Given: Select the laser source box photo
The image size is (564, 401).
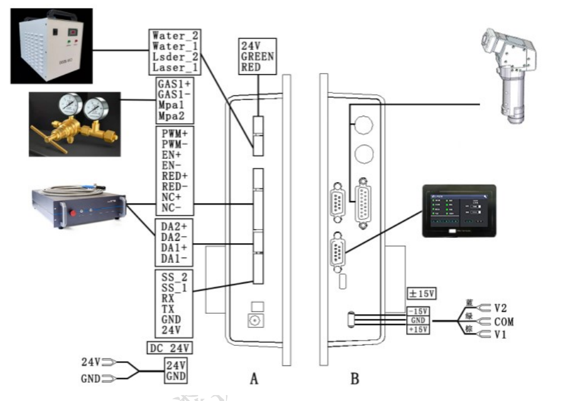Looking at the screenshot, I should pos(78,205).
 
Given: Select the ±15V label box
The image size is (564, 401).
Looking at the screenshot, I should pos(421,294).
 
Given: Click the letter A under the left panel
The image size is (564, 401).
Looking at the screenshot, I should pos(254,378).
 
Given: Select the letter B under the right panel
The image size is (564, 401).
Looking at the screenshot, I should pos(354,378).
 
